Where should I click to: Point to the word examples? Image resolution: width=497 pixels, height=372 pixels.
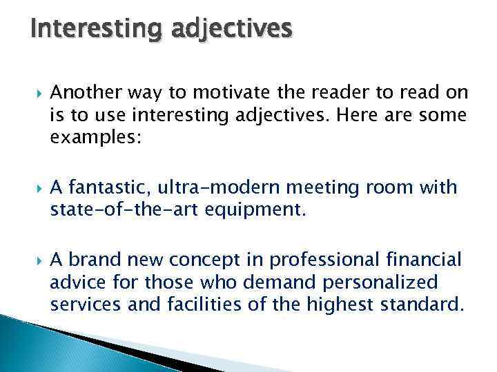pyautogui.click(x=95, y=136)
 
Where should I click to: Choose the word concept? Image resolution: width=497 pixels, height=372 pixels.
pyautogui.click(x=206, y=260)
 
